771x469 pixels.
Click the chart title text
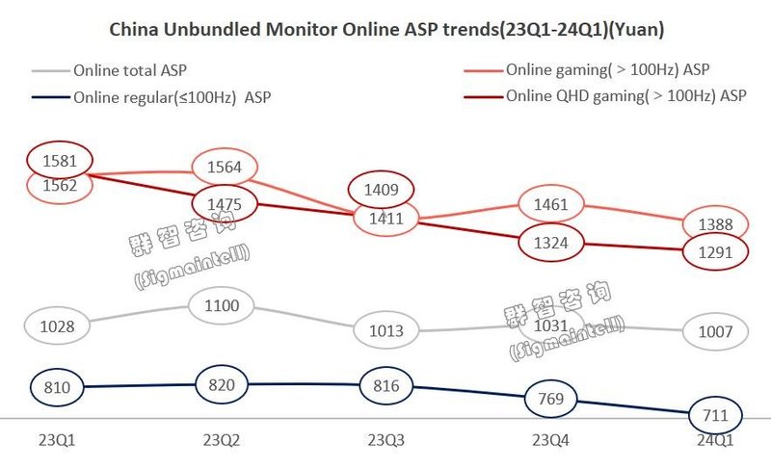click(x=385, y=30)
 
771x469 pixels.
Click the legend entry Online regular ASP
click(x=165, y=96)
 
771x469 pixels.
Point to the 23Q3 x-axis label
click(x=385, y=440)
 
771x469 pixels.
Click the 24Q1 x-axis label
click(x=714, y=440)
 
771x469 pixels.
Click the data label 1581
click(x=60, y=160)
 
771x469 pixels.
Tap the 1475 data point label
click(x=225, y=204)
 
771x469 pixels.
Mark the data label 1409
click(x=385, y=190)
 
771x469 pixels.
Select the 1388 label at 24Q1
click(x=714, y=225)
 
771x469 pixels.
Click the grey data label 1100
click(x=225, y=306)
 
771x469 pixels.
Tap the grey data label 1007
click(x=714, y=332)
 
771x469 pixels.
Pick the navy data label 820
click(x=225, y=383)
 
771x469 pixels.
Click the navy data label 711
click(x=714, y=415)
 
